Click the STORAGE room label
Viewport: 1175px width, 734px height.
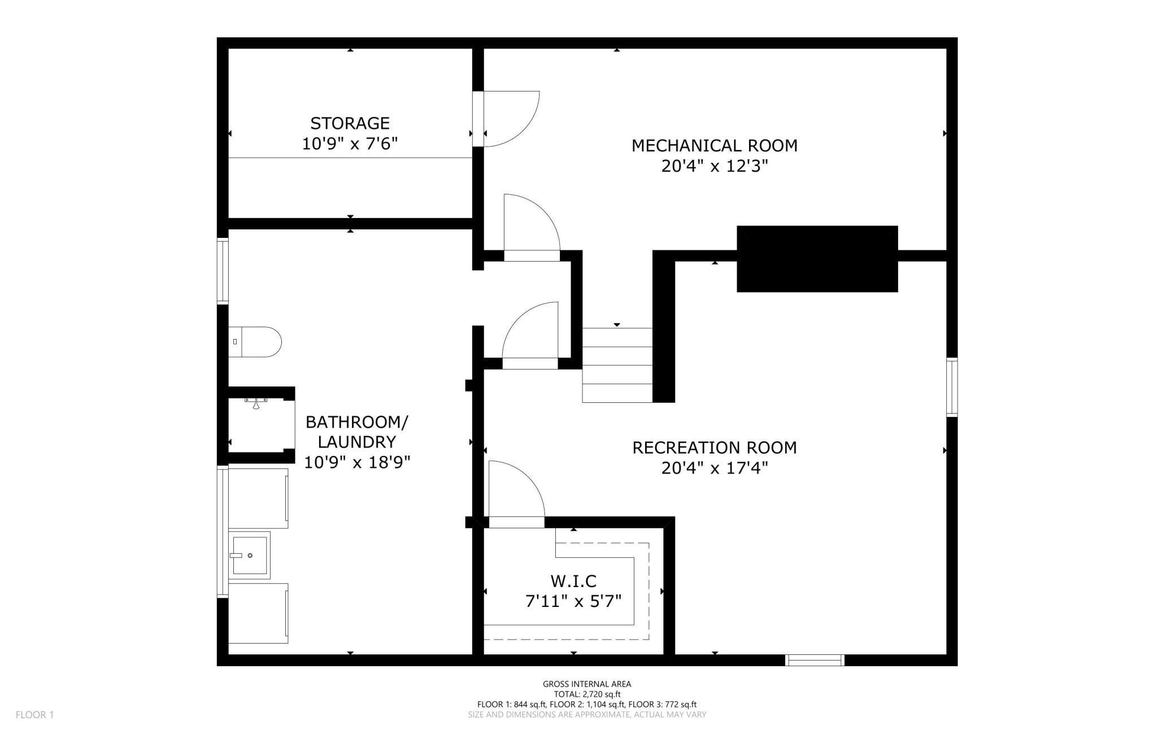(x=350, y=123)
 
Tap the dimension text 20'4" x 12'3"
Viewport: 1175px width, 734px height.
(x=715, y=167)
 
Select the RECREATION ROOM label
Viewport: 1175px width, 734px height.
(x=714, y=448)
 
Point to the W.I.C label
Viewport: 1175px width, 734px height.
(x=573, y=581)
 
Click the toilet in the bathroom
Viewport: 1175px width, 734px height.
(x=255, y=342)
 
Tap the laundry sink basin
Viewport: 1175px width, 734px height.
(x=250, y=555)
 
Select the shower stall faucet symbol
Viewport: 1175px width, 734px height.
(x=256, y=403)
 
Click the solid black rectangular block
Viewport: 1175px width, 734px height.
(x=817, y=259)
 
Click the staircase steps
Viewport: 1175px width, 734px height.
(x=617, y=365)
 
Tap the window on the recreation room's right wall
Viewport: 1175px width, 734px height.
(x=952, y=388)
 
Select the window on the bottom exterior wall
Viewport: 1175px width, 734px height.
(x=815, y=660)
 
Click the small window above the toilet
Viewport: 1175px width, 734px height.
(x=223, y=272)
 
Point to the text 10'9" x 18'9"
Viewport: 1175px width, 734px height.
(x=356, y=463)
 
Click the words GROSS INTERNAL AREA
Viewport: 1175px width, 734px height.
(x=587, y=684)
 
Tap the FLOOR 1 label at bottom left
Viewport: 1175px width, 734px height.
(x=34, y=715)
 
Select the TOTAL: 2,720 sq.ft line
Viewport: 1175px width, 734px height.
(x=587, y=694)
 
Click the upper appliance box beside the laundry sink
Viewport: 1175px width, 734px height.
(x=258, y=498)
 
